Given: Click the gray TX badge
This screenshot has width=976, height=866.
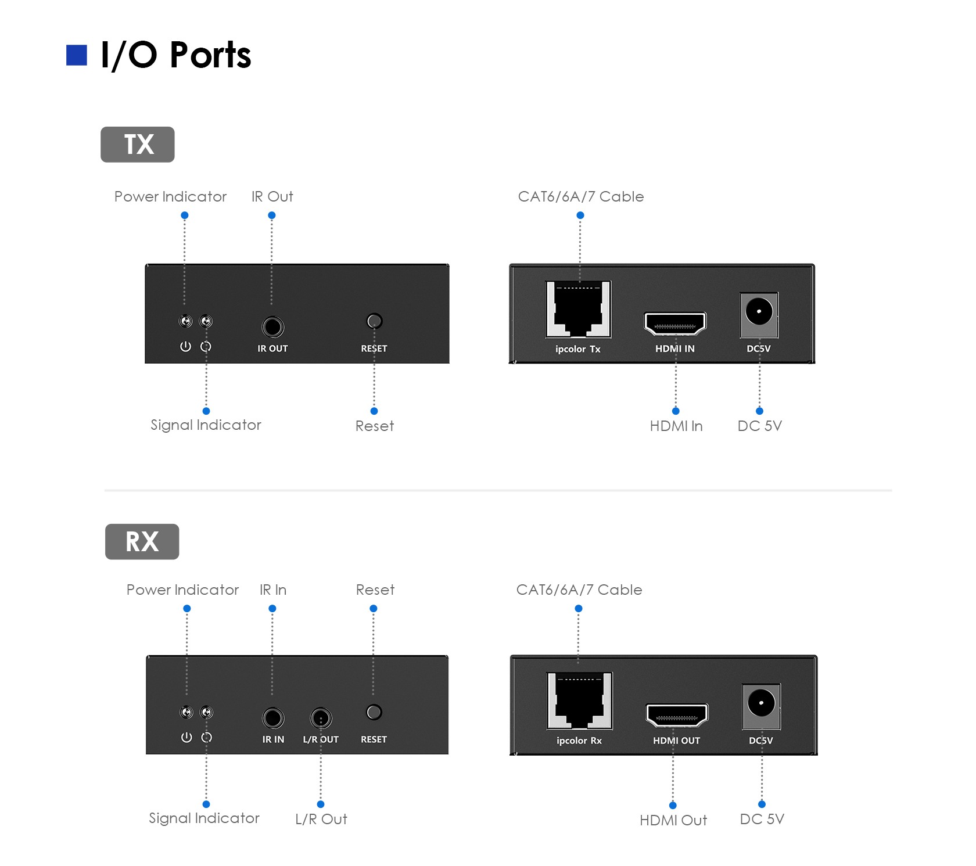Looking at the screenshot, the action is coord(138,144).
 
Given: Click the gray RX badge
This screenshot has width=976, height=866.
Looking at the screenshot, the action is coord(142,541).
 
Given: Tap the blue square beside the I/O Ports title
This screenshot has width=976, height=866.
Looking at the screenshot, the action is coord(77,55).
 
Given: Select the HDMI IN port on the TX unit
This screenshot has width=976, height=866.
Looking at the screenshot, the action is coord(675,323).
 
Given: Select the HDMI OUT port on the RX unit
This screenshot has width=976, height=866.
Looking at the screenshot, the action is coord(677,715).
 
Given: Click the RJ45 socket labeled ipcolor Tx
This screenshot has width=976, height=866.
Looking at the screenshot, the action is coord(578,309).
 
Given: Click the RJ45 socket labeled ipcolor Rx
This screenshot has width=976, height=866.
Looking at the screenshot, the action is coord(579,700).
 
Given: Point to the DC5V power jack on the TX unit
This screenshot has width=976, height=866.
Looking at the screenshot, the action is coord(759,314).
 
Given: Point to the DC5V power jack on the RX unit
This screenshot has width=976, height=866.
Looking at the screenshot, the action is coord(761,706).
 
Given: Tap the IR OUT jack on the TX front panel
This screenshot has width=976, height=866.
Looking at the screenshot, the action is coord(272,327).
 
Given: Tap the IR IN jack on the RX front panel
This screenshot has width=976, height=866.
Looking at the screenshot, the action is coord(273,718).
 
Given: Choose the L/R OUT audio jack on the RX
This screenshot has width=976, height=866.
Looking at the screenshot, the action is coord(321,718).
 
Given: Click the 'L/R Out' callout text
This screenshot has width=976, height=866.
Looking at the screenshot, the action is coord(321,819).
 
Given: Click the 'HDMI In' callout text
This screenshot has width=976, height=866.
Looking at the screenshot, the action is coord(676,426).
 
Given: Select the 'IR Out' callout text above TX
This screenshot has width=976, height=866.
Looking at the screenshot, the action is coord(272,196).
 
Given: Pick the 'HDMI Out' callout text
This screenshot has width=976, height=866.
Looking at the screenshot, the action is coord(673,820).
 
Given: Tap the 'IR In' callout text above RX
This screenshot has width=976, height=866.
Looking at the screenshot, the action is coord(273,590).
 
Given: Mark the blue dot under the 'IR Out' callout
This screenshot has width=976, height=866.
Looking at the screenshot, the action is coord(272,215).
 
